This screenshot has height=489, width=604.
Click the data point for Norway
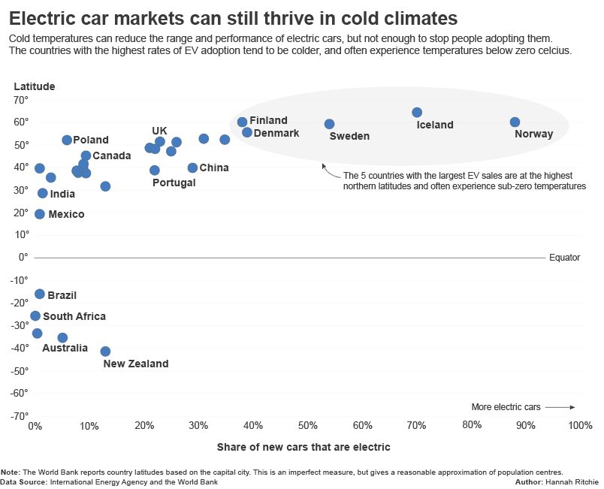click(x=515, y=122)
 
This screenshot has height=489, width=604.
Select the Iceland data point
click(x=417, y=113)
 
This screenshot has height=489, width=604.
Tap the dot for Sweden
click(x=329, y=124)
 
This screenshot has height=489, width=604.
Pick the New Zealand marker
click(x=105, y=352)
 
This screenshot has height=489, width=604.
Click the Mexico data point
click(x=40, y=214)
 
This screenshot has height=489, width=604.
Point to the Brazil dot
click(x=40, y=294)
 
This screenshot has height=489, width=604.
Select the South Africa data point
click(x=35, y=316)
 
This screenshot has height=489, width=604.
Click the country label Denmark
click(x=276, y=133)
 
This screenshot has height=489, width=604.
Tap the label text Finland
click(x=268, y=120)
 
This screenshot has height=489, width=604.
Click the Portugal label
click(x=174, y=183)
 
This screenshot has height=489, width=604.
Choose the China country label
click(x=214, y=168)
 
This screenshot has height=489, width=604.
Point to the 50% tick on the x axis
click(x=308, y=425)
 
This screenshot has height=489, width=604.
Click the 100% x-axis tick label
click(x=580, y=425)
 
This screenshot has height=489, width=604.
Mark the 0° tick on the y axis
click(x=23, y=257)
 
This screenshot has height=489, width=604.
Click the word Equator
click(x=564, y=257)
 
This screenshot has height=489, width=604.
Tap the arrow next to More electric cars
click(x=560, y=407)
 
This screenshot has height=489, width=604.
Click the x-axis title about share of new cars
click(x=304, y=447)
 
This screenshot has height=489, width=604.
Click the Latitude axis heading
click(x=35, y=86)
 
